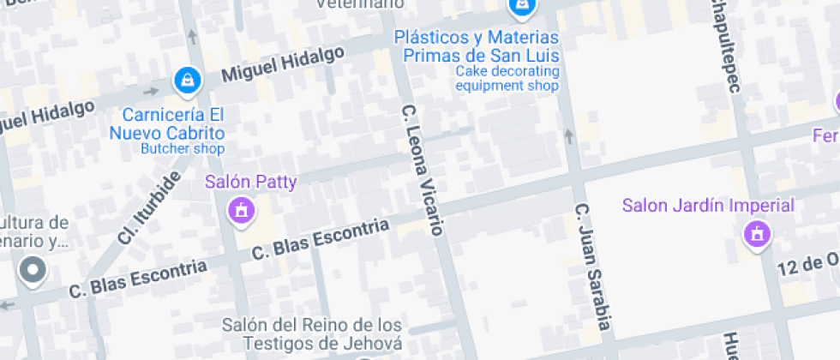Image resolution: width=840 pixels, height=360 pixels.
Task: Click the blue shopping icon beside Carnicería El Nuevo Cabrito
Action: (185, 81)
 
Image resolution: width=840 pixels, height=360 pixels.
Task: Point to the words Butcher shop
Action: (182, 148)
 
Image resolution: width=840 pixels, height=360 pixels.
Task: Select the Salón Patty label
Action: (250, 182)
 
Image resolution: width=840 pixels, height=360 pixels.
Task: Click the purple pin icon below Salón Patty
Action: (242, 210)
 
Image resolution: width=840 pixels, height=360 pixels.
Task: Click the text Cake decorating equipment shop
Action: (507, 78)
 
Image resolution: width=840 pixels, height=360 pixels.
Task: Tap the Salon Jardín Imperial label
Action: (708, 206)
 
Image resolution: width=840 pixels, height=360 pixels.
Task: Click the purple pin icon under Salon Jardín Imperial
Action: (756, 234)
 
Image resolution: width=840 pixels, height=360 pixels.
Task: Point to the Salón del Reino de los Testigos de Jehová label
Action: (311, 334)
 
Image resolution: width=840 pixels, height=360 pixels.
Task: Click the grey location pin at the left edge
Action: (33, 271)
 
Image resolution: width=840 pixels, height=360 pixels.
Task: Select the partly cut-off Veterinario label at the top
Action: (359, 4)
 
